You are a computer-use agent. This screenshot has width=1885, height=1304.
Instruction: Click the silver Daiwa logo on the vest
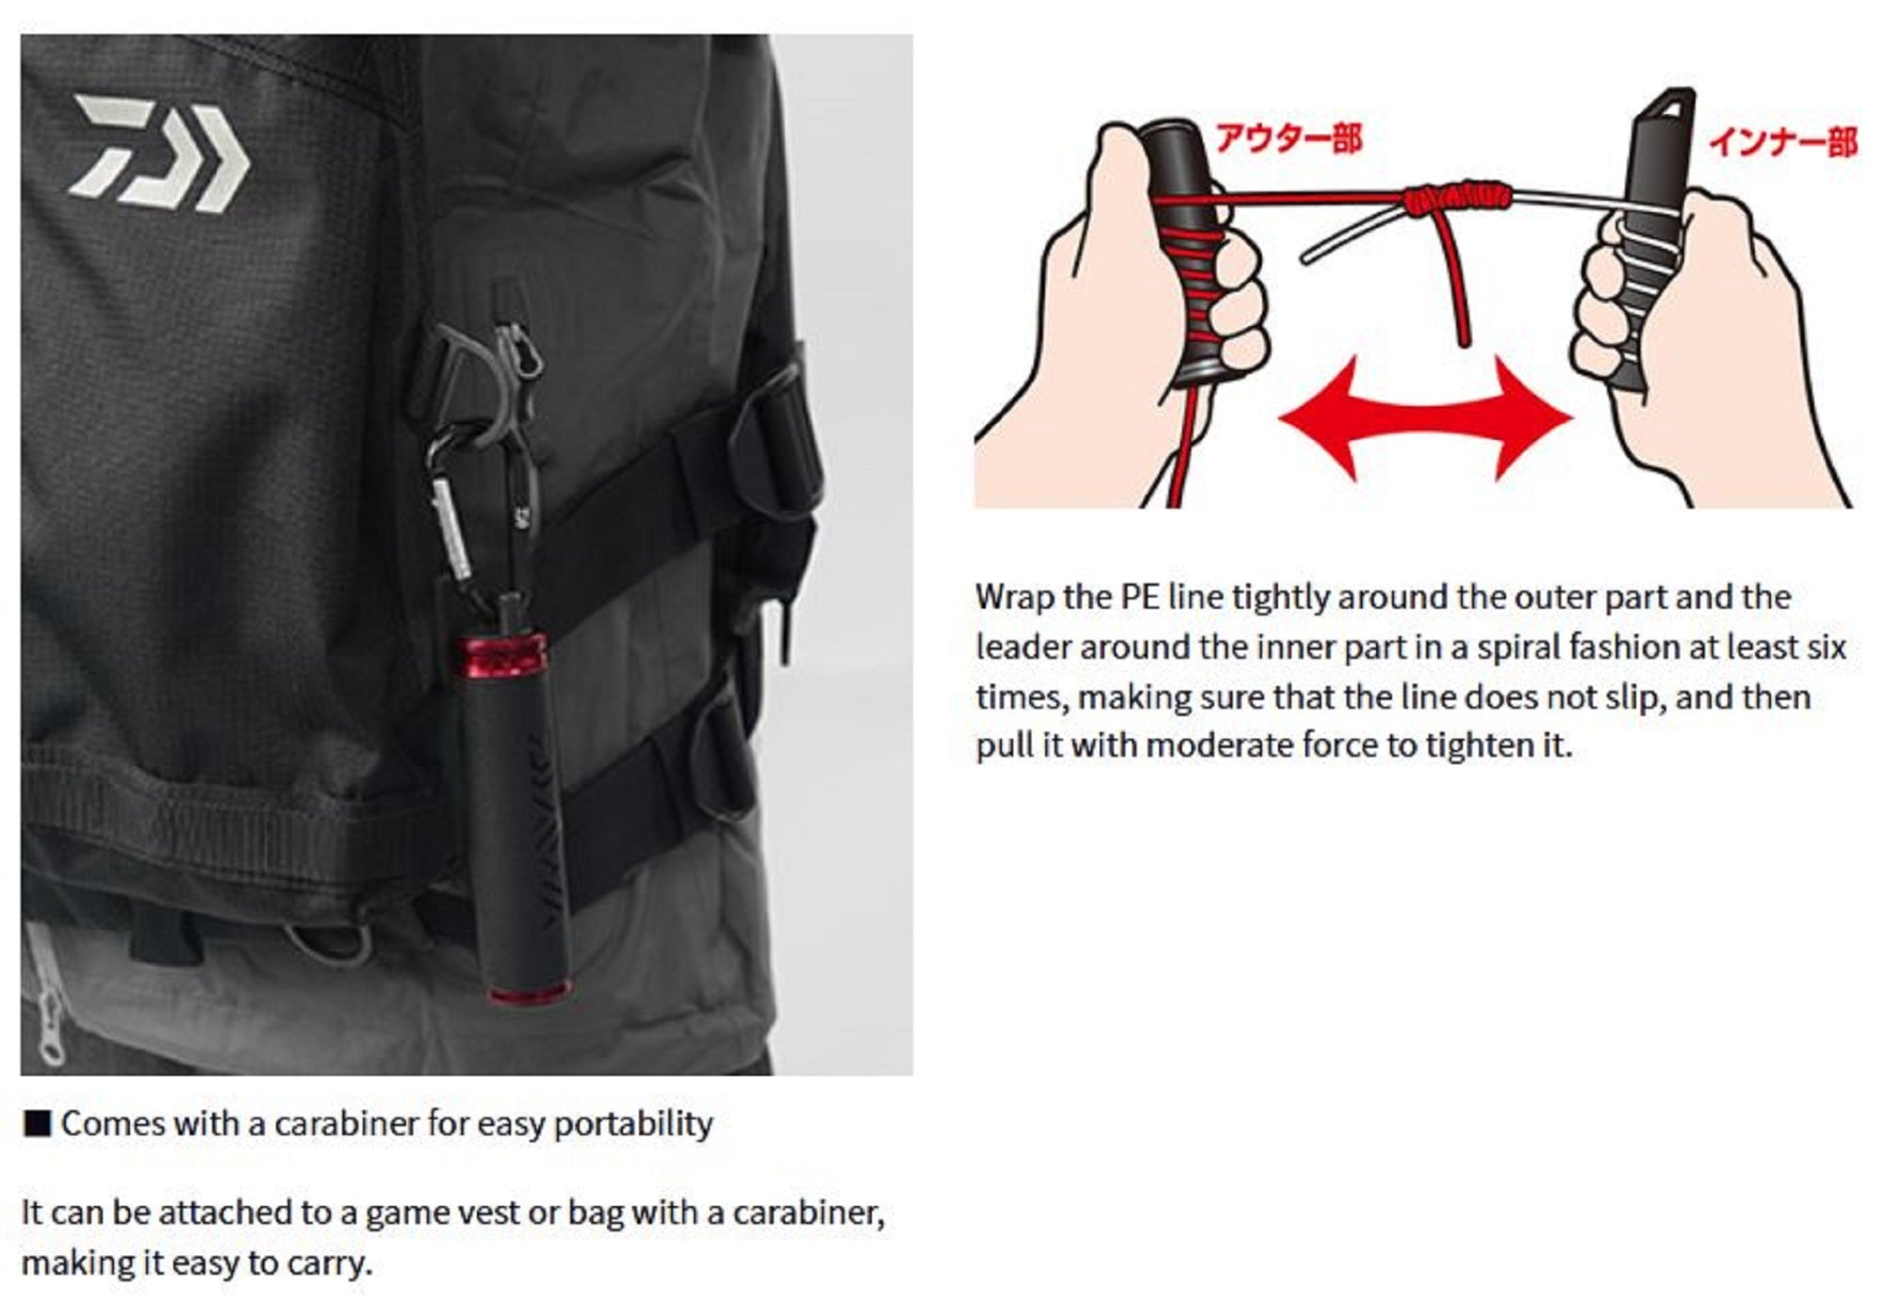[158, 153]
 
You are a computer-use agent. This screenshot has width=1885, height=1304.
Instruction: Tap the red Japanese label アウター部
[1288, 139]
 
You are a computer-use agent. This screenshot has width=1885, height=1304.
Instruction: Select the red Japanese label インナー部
[1782, 142]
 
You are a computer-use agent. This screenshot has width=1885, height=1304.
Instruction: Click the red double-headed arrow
[1425, 417]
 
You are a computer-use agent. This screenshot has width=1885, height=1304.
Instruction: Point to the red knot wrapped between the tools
[1456, 198]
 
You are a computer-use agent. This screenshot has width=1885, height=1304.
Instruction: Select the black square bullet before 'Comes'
[37, 1124]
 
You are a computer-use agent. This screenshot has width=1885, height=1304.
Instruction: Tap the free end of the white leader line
[1305, 257]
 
